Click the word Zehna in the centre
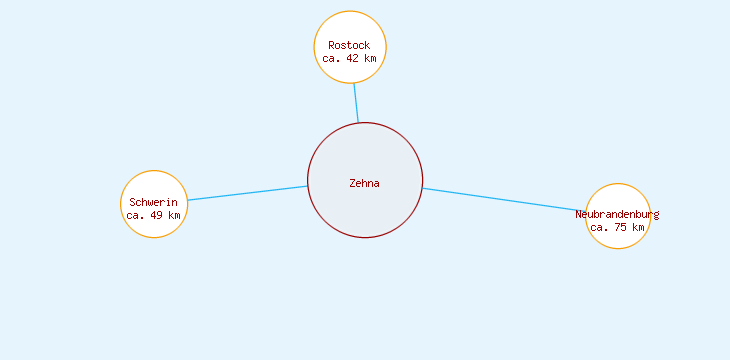tap(364, 183)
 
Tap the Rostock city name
tap(349, 45)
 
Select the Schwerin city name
tap(153, 203)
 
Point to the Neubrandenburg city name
tap(617, 214)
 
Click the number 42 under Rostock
tap(352, 58)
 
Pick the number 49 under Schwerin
tap(156, 215)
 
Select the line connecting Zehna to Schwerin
tap(247, 193)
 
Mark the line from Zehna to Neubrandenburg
tap(504, 199)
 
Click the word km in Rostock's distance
tap(370, 58)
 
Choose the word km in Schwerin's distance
tap(174, 215)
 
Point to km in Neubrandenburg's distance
tap(638, 227)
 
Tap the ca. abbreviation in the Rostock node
tap(332, 58)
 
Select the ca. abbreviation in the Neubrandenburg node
tap(600, 227)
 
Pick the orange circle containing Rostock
tap(350, 25)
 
